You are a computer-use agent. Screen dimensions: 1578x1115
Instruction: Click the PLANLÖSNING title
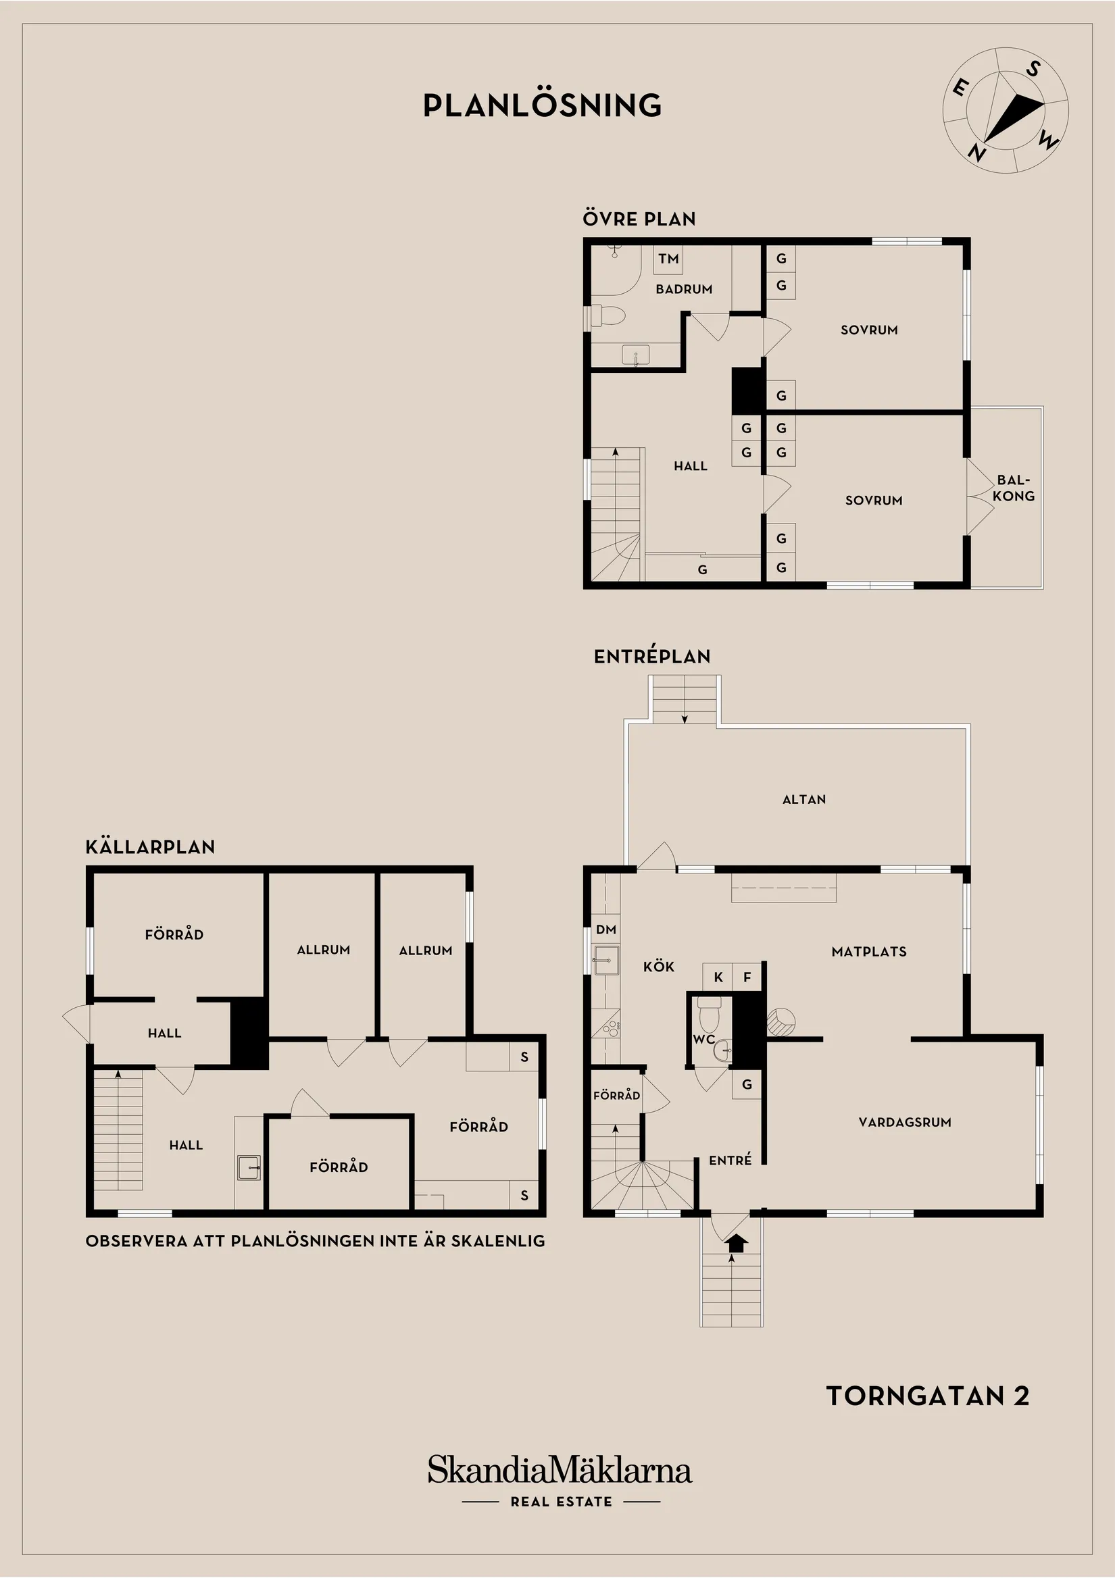click(x=542, y=105)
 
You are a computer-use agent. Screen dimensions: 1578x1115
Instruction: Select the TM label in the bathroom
click(x=668, y=259)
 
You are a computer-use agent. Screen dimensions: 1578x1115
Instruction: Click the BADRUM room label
click(x=683, y=289)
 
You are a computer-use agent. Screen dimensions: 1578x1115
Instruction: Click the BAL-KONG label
click(x=1013, y=488)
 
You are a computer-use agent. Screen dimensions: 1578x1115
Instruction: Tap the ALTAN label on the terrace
click(x=803, y=799)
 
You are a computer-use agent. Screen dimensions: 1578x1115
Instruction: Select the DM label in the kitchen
click(x=605, y=930)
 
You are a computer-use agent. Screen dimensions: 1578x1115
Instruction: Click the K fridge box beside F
click(x=718, y=977)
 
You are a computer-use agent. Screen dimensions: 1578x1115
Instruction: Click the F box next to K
click(x=747, y=977)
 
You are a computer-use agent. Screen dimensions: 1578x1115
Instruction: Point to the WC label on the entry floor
click(x=703, y=1039)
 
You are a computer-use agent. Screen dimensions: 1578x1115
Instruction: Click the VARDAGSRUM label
click(x=905, y=1122)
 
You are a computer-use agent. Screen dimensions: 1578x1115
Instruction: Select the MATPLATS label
click(x=868, y=952)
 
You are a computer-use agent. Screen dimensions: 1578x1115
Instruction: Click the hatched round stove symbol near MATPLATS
click(x=781, y=1021)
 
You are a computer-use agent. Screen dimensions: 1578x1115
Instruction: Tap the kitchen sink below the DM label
click(x=606, y=959)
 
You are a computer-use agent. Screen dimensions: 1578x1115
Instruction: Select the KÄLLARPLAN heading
click(x=150, y=846)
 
